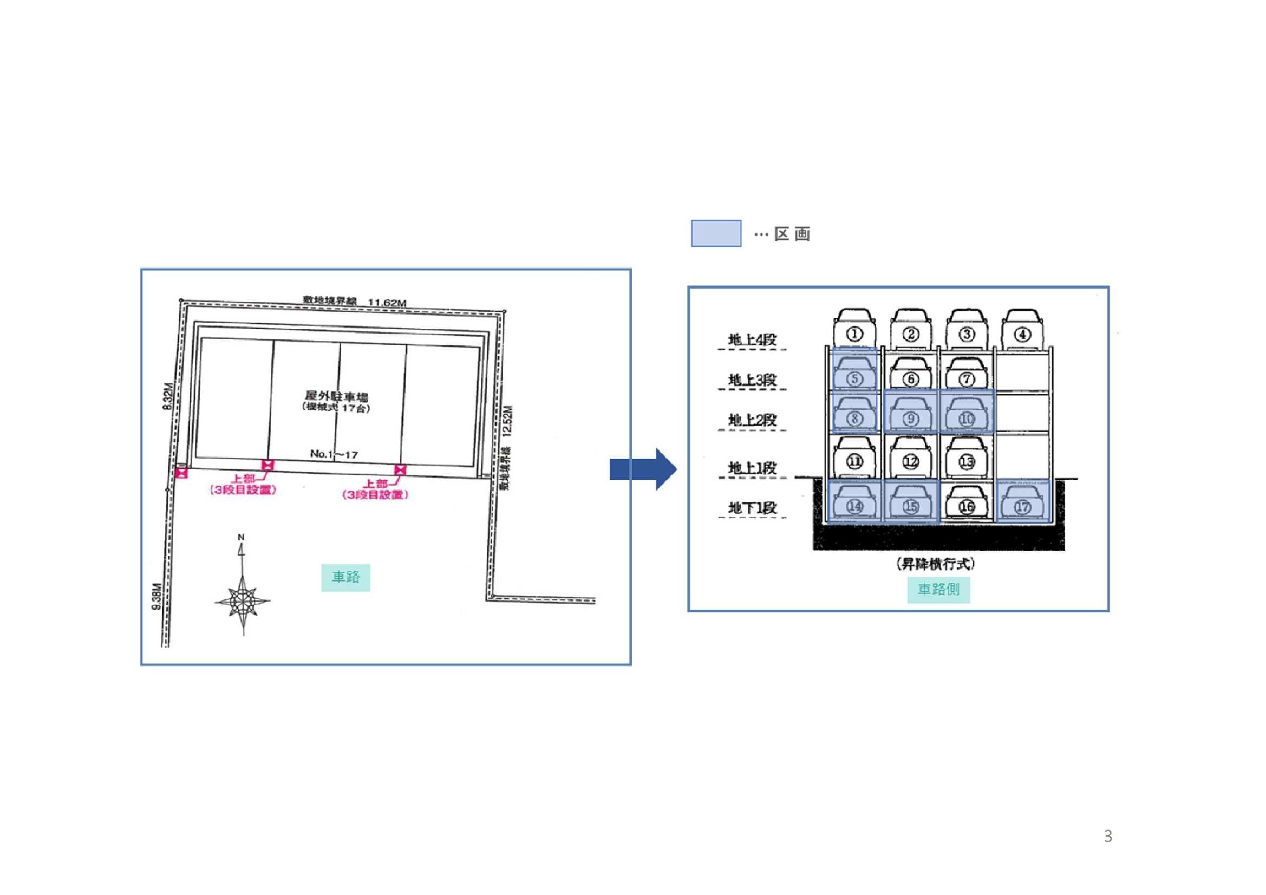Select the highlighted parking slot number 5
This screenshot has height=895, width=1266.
coord(854,370)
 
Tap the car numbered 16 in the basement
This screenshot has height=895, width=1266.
coord(967,503)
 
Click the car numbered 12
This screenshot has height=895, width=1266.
coord(910,458)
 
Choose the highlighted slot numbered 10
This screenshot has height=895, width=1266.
coord(967,411)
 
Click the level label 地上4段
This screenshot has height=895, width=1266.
coord(752,339)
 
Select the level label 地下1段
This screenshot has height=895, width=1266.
coord(752,507)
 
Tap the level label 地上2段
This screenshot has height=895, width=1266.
coord(752,420)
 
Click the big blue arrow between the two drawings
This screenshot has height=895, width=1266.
coord(643,469)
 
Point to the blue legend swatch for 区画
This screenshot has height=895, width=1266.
coord(716,234)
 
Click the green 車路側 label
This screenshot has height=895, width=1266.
coord(938,590)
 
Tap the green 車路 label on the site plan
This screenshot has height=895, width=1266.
coord(345,577)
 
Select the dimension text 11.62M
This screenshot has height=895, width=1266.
coord(387,303)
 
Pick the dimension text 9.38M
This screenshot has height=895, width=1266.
coord(156,596)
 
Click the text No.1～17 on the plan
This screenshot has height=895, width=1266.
coord(334,454)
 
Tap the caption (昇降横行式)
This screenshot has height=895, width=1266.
coord(936,564)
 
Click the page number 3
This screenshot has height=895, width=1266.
coord(1108,837)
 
